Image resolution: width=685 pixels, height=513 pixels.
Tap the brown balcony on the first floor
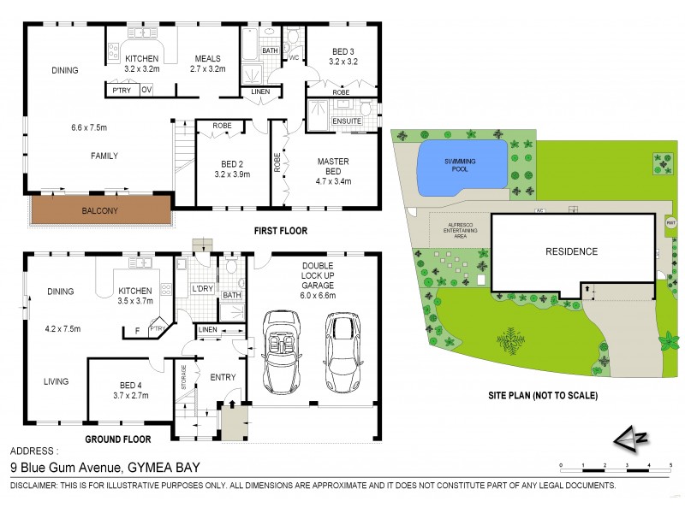(x=99, y=209)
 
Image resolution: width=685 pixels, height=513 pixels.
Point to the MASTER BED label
(x=332, y=165)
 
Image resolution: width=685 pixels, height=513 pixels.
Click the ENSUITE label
(x=347, y=121)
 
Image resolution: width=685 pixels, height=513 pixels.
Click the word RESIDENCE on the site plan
(x=572, y=251)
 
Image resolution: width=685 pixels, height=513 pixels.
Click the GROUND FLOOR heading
(x=118, y=439)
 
